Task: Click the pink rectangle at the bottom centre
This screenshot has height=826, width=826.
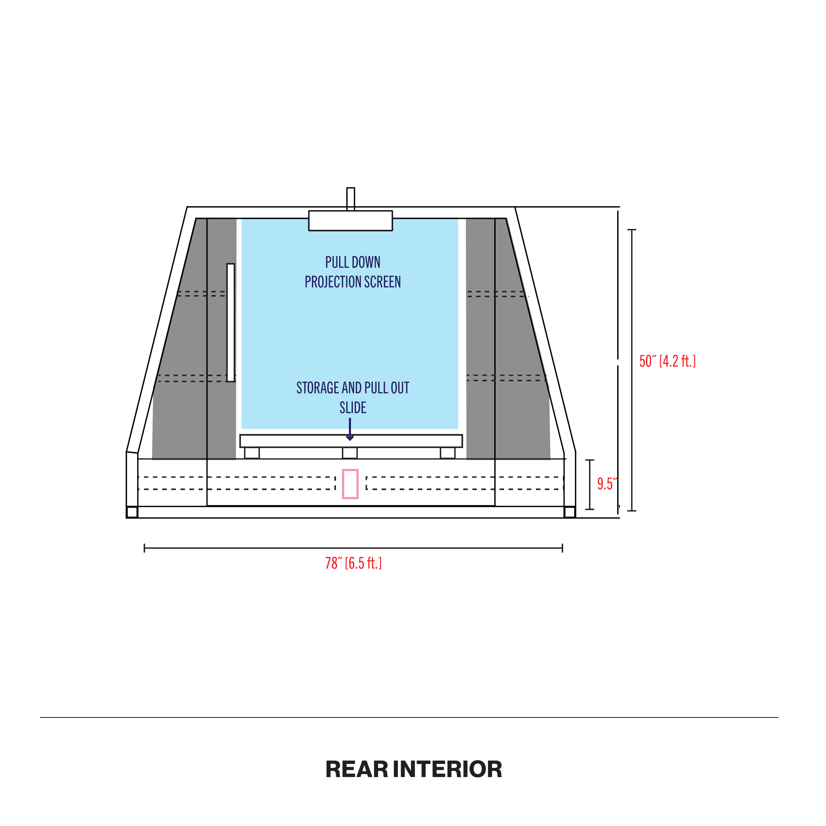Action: (350, 484)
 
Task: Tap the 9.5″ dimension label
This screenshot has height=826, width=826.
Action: (607, 484)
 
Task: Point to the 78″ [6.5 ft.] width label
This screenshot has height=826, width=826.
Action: (353, 563)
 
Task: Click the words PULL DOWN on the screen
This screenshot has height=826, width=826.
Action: (353, 262)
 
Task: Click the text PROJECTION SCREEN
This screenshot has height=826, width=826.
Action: (353, 282)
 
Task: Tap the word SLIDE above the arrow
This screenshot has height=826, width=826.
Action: (353, 408)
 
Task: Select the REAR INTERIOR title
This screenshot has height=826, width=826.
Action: (414, 769)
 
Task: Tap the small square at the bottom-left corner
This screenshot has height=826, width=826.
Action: (132, 512)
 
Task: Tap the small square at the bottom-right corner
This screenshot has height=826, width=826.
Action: (569, 512)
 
